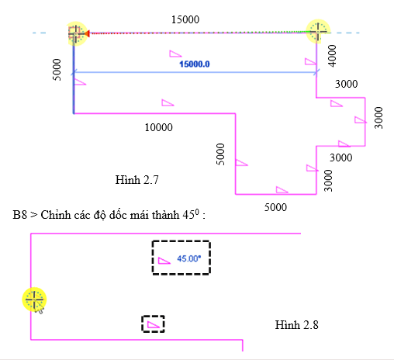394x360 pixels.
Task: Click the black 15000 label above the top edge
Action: click(x=185, y=19)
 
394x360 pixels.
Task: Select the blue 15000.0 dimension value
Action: click(x=195, y=64)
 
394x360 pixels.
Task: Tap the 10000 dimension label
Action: click(x=158, y=127)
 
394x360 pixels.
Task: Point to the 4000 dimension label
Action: click(x=332, y=56)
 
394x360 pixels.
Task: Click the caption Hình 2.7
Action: click(x=137, y=180)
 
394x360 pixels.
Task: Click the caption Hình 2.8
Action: click(x=296, y=325)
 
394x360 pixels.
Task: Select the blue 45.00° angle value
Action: click(x=189, y=258)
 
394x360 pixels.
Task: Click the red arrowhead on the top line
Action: click(x=87, y=33)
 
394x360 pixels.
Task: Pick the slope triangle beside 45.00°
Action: click(x=164, y=261)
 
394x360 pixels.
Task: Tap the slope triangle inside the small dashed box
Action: click(x=153, y=324)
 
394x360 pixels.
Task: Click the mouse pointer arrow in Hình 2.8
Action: click(x=39, y=308)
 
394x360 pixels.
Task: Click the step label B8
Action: click(x=19, y=215)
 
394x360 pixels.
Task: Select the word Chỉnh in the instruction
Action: click(x=56, y=215)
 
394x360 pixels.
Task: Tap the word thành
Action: click(x=167, y=215)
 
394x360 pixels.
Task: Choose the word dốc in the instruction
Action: click(x=119, y=215)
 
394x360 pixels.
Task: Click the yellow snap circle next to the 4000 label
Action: click(x=318, y=32)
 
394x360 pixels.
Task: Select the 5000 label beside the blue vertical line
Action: click(x=57, y=70)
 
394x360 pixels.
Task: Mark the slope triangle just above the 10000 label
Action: click(x=168, y=102)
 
